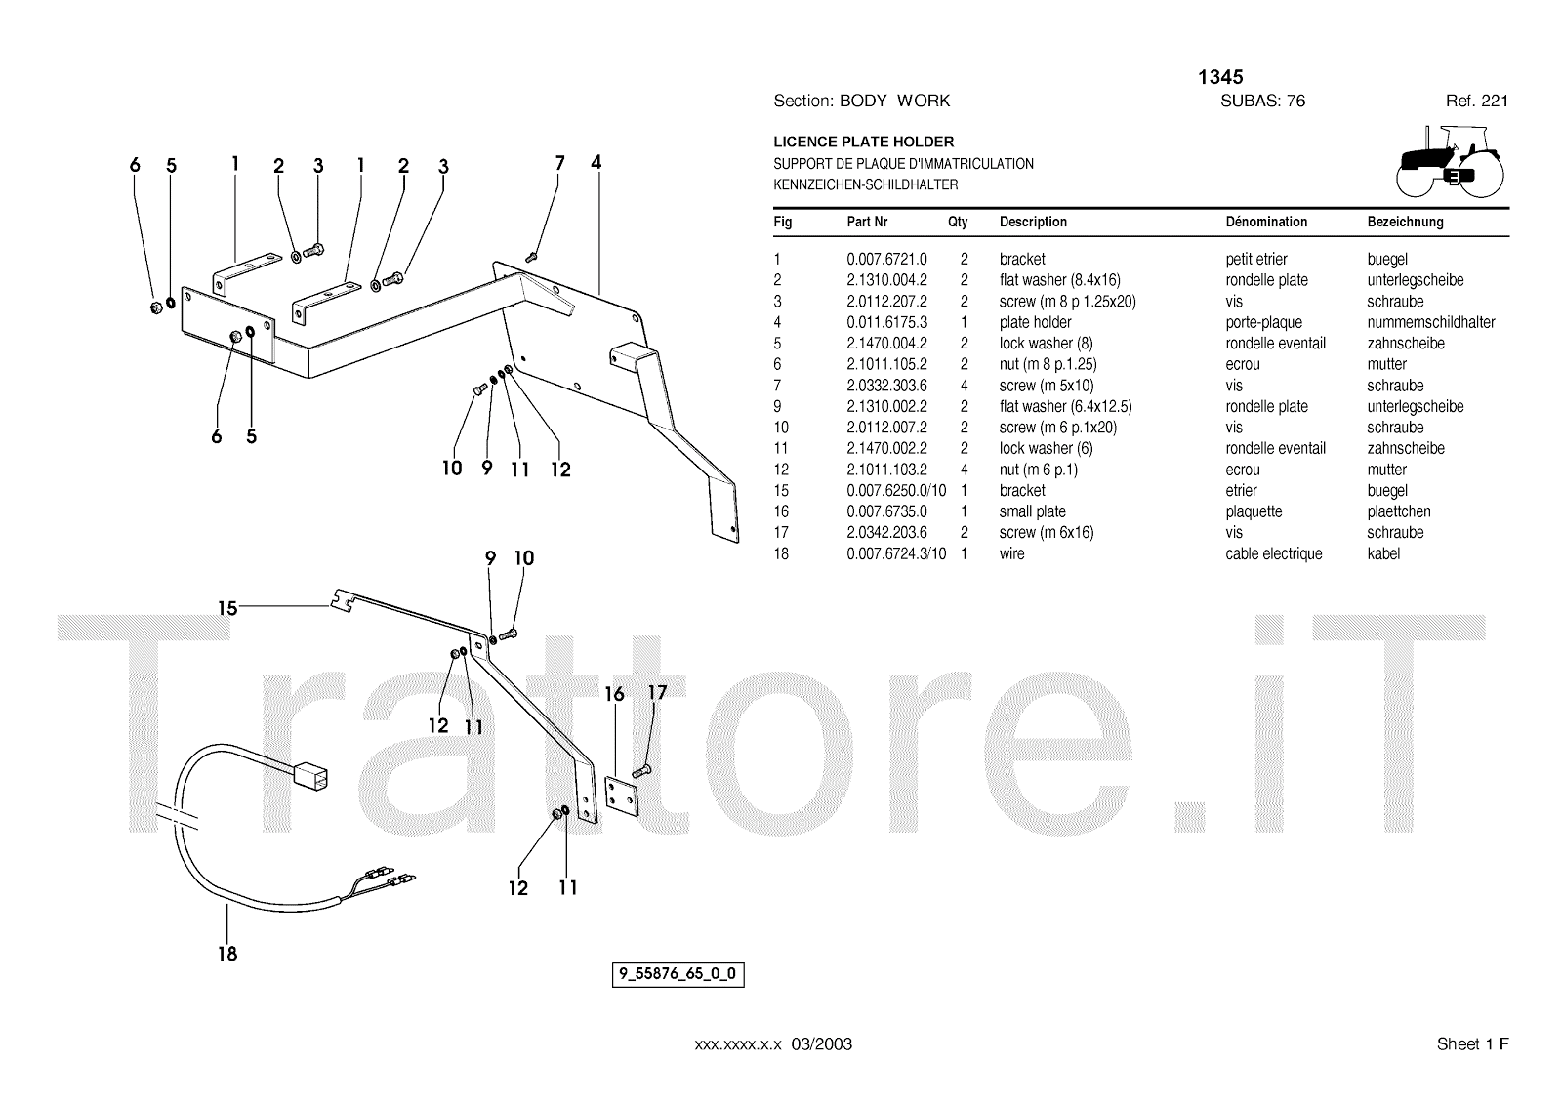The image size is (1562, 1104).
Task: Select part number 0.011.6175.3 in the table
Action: (x=886, y=322)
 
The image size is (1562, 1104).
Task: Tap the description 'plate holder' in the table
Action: (x=1035, y=322)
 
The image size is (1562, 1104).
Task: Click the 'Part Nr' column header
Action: (x=867, y=222)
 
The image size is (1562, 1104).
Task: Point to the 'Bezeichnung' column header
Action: (x=1405, y=222)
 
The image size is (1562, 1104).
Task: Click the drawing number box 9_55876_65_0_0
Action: (x=678, y=974)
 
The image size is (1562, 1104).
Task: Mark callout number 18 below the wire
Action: (x=227, y=954)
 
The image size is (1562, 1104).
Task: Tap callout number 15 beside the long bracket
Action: (x=227, y=608)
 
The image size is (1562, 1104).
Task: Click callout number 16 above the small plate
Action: (x=614, y=694)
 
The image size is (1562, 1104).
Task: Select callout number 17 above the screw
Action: (x=658, y=692)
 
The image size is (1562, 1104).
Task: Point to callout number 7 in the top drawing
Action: (x=559, y=163)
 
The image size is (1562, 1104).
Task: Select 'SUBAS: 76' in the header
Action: (x=1262, y=101)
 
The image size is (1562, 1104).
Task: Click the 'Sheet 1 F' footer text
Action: (x=1472, y=1044)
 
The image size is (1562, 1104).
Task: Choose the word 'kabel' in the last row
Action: (x=1383, y=553)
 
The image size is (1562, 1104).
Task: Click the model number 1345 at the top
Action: (x=1220, y=77)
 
